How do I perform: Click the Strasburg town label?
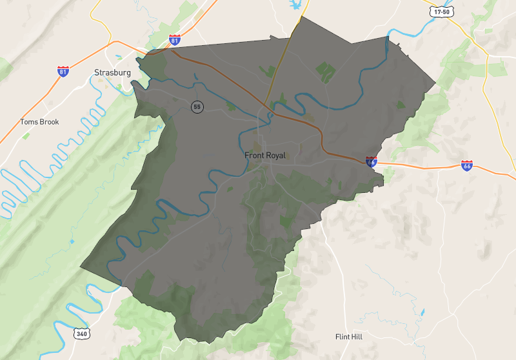[112, 73]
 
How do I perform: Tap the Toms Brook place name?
[39, 122]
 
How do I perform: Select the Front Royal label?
[264, 155]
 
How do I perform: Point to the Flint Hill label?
[351, 337]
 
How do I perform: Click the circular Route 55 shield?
[197, 106]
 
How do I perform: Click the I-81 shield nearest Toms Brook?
[63, 70]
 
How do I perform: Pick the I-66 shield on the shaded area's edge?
[371, 161]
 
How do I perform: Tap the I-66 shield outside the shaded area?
[467, 166]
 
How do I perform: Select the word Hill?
[360, 337]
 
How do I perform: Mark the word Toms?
[29, 122]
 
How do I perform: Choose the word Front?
[254, 155]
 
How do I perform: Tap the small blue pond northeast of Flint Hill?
[422, 312]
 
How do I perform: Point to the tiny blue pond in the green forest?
[72, 241]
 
